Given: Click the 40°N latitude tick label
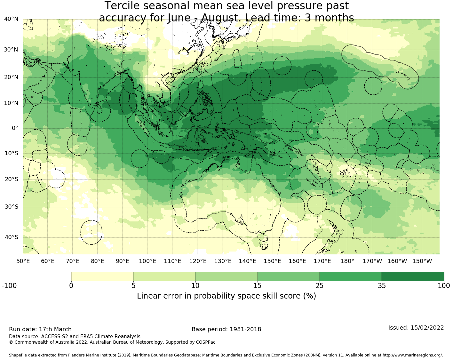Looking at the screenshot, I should [11, 19].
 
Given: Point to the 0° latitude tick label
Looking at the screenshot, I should [15, 128].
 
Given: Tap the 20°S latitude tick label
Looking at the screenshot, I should [11, 179].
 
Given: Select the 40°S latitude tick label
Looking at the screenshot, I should [11, 237].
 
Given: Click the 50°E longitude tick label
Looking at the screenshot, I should [23, 261].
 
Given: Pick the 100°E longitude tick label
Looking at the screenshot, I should [147, 261].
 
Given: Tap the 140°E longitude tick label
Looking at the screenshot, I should [247, 261].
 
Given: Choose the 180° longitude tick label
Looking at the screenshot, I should [347, 261].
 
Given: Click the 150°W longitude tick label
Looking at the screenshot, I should [422, 261].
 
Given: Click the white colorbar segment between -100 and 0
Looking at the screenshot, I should [40, 276].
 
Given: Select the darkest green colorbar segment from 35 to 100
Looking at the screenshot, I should [413, 276].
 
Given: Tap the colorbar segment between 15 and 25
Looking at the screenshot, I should [288, 276].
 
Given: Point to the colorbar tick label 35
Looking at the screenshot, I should [382, 285].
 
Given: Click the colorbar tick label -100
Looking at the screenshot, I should [9, 285].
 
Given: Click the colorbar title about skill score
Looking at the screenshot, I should [226, 296].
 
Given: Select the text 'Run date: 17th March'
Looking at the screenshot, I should [40, 329].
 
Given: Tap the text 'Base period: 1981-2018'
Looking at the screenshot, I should [226, 329].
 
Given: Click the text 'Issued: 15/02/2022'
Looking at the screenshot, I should [416, 328].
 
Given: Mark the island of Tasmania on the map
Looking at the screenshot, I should [263, 242].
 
